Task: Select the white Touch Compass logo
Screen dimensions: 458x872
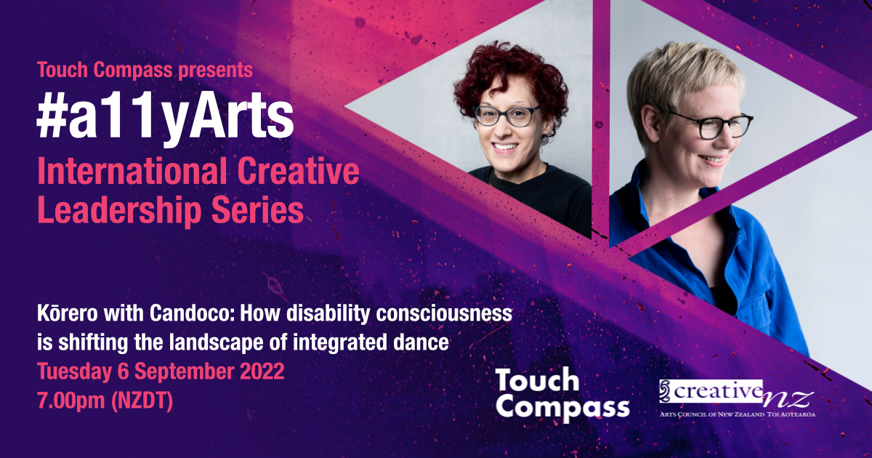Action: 561,393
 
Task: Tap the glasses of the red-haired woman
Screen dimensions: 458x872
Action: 506,116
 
